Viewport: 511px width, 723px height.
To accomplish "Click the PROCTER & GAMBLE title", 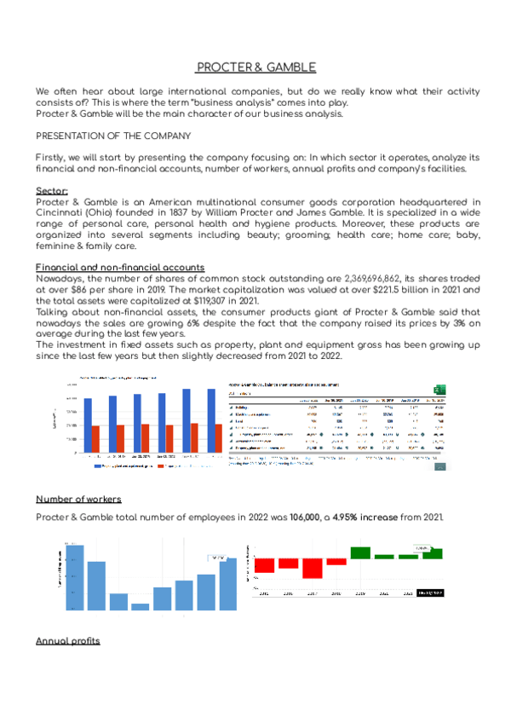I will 255,67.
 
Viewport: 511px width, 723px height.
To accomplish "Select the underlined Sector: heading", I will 52,191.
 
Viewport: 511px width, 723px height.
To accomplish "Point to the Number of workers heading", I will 78,499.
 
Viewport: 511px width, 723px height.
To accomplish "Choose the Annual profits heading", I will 67,640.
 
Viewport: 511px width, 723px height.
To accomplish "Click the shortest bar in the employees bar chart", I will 140,606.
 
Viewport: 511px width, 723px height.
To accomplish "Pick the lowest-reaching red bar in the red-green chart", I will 313,568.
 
